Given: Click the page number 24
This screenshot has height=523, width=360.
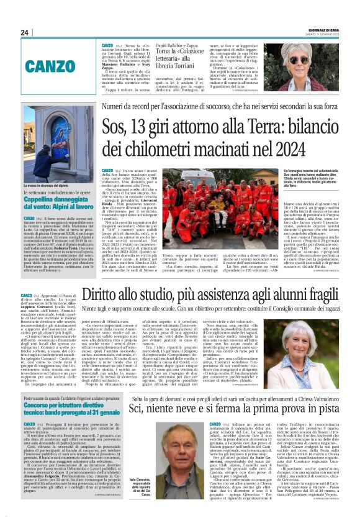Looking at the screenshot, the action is point(24,32).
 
